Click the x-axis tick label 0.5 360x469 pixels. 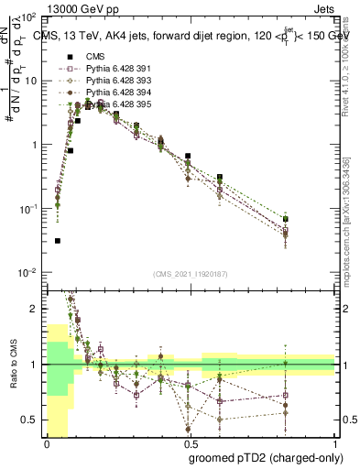[191, 443]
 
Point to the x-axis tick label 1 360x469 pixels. [335, 443]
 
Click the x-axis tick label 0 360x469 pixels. [47, 443]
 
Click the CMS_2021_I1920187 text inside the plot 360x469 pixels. [191, 274]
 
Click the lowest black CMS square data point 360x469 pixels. [58, 241]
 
